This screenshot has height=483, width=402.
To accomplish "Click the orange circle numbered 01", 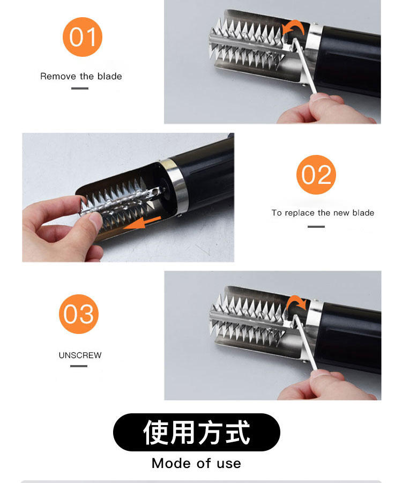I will [x=83, y=37].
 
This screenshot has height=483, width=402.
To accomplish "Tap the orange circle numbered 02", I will [x=316, y=175].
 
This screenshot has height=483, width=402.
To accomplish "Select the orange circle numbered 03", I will [x=79, y=314].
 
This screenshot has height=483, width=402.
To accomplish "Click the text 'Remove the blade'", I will [x=81, y=76].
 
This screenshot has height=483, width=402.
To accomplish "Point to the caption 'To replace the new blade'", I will [x=323, y=213].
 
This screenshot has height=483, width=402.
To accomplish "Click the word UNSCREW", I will [x=80, y=355].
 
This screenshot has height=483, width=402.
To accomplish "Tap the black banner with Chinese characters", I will [x=196, y=432].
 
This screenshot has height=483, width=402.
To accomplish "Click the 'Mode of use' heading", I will [x=196, y=463].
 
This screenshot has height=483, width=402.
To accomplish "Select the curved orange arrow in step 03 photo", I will [x=295, y=303].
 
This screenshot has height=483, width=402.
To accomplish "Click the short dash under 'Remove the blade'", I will [x=80, y=88].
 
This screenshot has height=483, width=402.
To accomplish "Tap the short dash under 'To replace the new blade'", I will [x=316, y=226].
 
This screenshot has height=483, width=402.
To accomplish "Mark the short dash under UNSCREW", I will [x=79, y=366].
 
